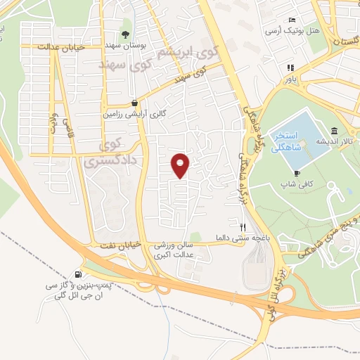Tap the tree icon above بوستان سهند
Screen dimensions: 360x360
[x=126, y=34]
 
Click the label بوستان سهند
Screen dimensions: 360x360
[x=125, y=45]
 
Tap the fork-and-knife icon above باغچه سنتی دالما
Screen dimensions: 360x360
[x=243, y=227]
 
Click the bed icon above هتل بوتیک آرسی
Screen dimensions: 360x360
[x=292, y=20]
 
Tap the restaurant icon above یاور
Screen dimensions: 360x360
[x=289, y=68]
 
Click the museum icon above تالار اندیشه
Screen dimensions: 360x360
[x=333, y=131]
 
